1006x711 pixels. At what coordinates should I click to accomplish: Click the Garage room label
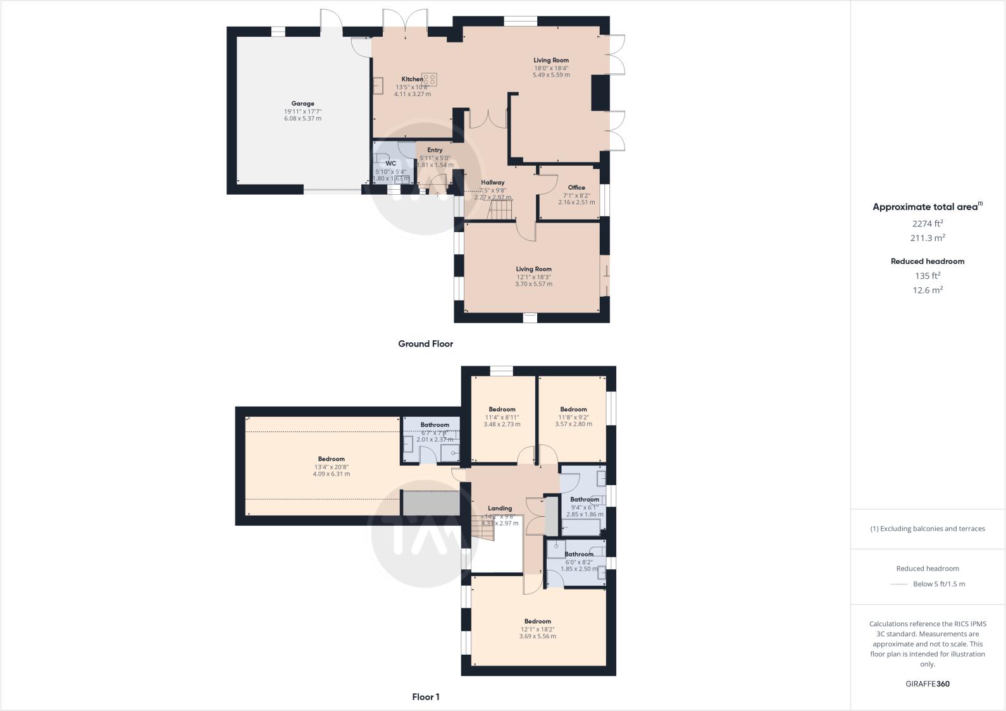[302, 103]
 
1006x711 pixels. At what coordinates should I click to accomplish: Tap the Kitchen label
[412, 79]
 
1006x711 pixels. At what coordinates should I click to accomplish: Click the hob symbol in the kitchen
[430, 79]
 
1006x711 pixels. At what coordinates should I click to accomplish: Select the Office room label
[576, 187]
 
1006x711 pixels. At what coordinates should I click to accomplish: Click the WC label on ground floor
[390, 163]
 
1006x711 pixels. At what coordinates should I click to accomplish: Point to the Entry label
[435, 150]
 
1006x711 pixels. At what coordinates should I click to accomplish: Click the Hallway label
[492, 182]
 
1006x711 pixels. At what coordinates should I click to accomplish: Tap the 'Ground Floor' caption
[425, 344]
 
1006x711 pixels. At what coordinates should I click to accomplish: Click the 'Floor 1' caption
[425, 697]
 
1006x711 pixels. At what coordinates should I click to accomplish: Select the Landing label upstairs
[500, 508]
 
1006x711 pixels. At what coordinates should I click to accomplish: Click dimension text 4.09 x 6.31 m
[331, 474]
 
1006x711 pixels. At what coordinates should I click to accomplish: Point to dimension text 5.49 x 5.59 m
[550, 75]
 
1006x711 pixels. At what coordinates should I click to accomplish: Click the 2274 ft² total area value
[928, 223]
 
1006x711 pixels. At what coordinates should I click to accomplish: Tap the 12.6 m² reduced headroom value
[928, 290]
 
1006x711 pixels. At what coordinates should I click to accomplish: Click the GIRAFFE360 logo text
[928, 684]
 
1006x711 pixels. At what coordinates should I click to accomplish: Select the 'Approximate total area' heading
[925, 207]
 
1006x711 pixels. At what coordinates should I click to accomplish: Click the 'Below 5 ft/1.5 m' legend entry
[939, 584]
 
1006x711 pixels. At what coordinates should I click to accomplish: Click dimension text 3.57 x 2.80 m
[573, 424]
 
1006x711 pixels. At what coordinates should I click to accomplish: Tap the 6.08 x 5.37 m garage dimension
[302, 118]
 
